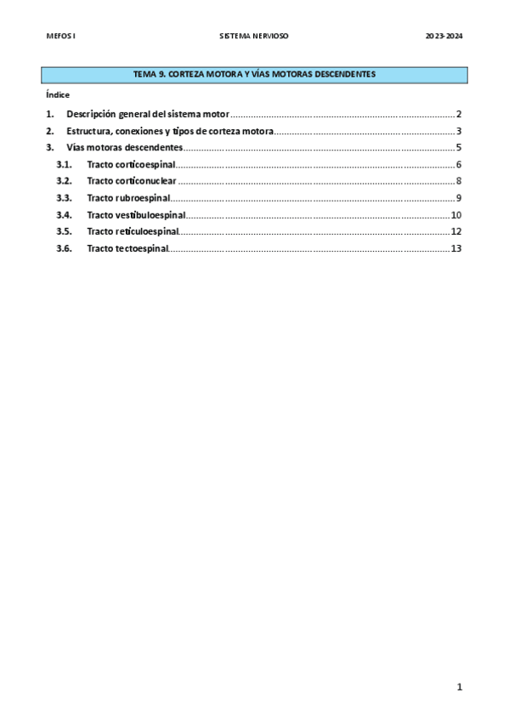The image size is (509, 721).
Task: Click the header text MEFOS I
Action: tap(61, 37)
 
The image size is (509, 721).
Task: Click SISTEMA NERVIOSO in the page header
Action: tap(254, 37)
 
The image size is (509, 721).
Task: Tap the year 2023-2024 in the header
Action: tap(443, 37)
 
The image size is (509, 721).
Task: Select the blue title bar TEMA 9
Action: tap(255, 75)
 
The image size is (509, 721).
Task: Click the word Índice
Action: tap(58, 94)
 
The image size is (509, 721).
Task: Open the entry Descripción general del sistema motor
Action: tap(148, 114)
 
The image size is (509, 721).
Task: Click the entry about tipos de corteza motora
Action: tap(170, 131)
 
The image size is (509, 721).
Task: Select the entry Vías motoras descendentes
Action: tap(124, 148)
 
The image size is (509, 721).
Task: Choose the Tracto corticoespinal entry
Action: tap(131, 164)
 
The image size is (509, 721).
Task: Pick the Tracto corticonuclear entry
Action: tap(132, 181)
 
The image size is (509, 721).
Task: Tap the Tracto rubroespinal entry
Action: tap(128, 198)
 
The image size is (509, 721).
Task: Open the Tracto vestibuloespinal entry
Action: tap(136, 215)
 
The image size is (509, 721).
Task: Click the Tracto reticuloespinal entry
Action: tap(133, 231)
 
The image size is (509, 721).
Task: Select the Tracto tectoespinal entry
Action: tap(127, 248)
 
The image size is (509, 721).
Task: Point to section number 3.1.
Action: tap(65, 164)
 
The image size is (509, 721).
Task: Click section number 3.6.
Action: tap(65, 248)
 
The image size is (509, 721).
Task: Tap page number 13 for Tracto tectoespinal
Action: tap(456, 248)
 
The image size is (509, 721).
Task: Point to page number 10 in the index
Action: tap(456, 215)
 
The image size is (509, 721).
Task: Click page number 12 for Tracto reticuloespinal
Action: tap(456, 231)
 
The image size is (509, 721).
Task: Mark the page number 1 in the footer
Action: tap(459, 687)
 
